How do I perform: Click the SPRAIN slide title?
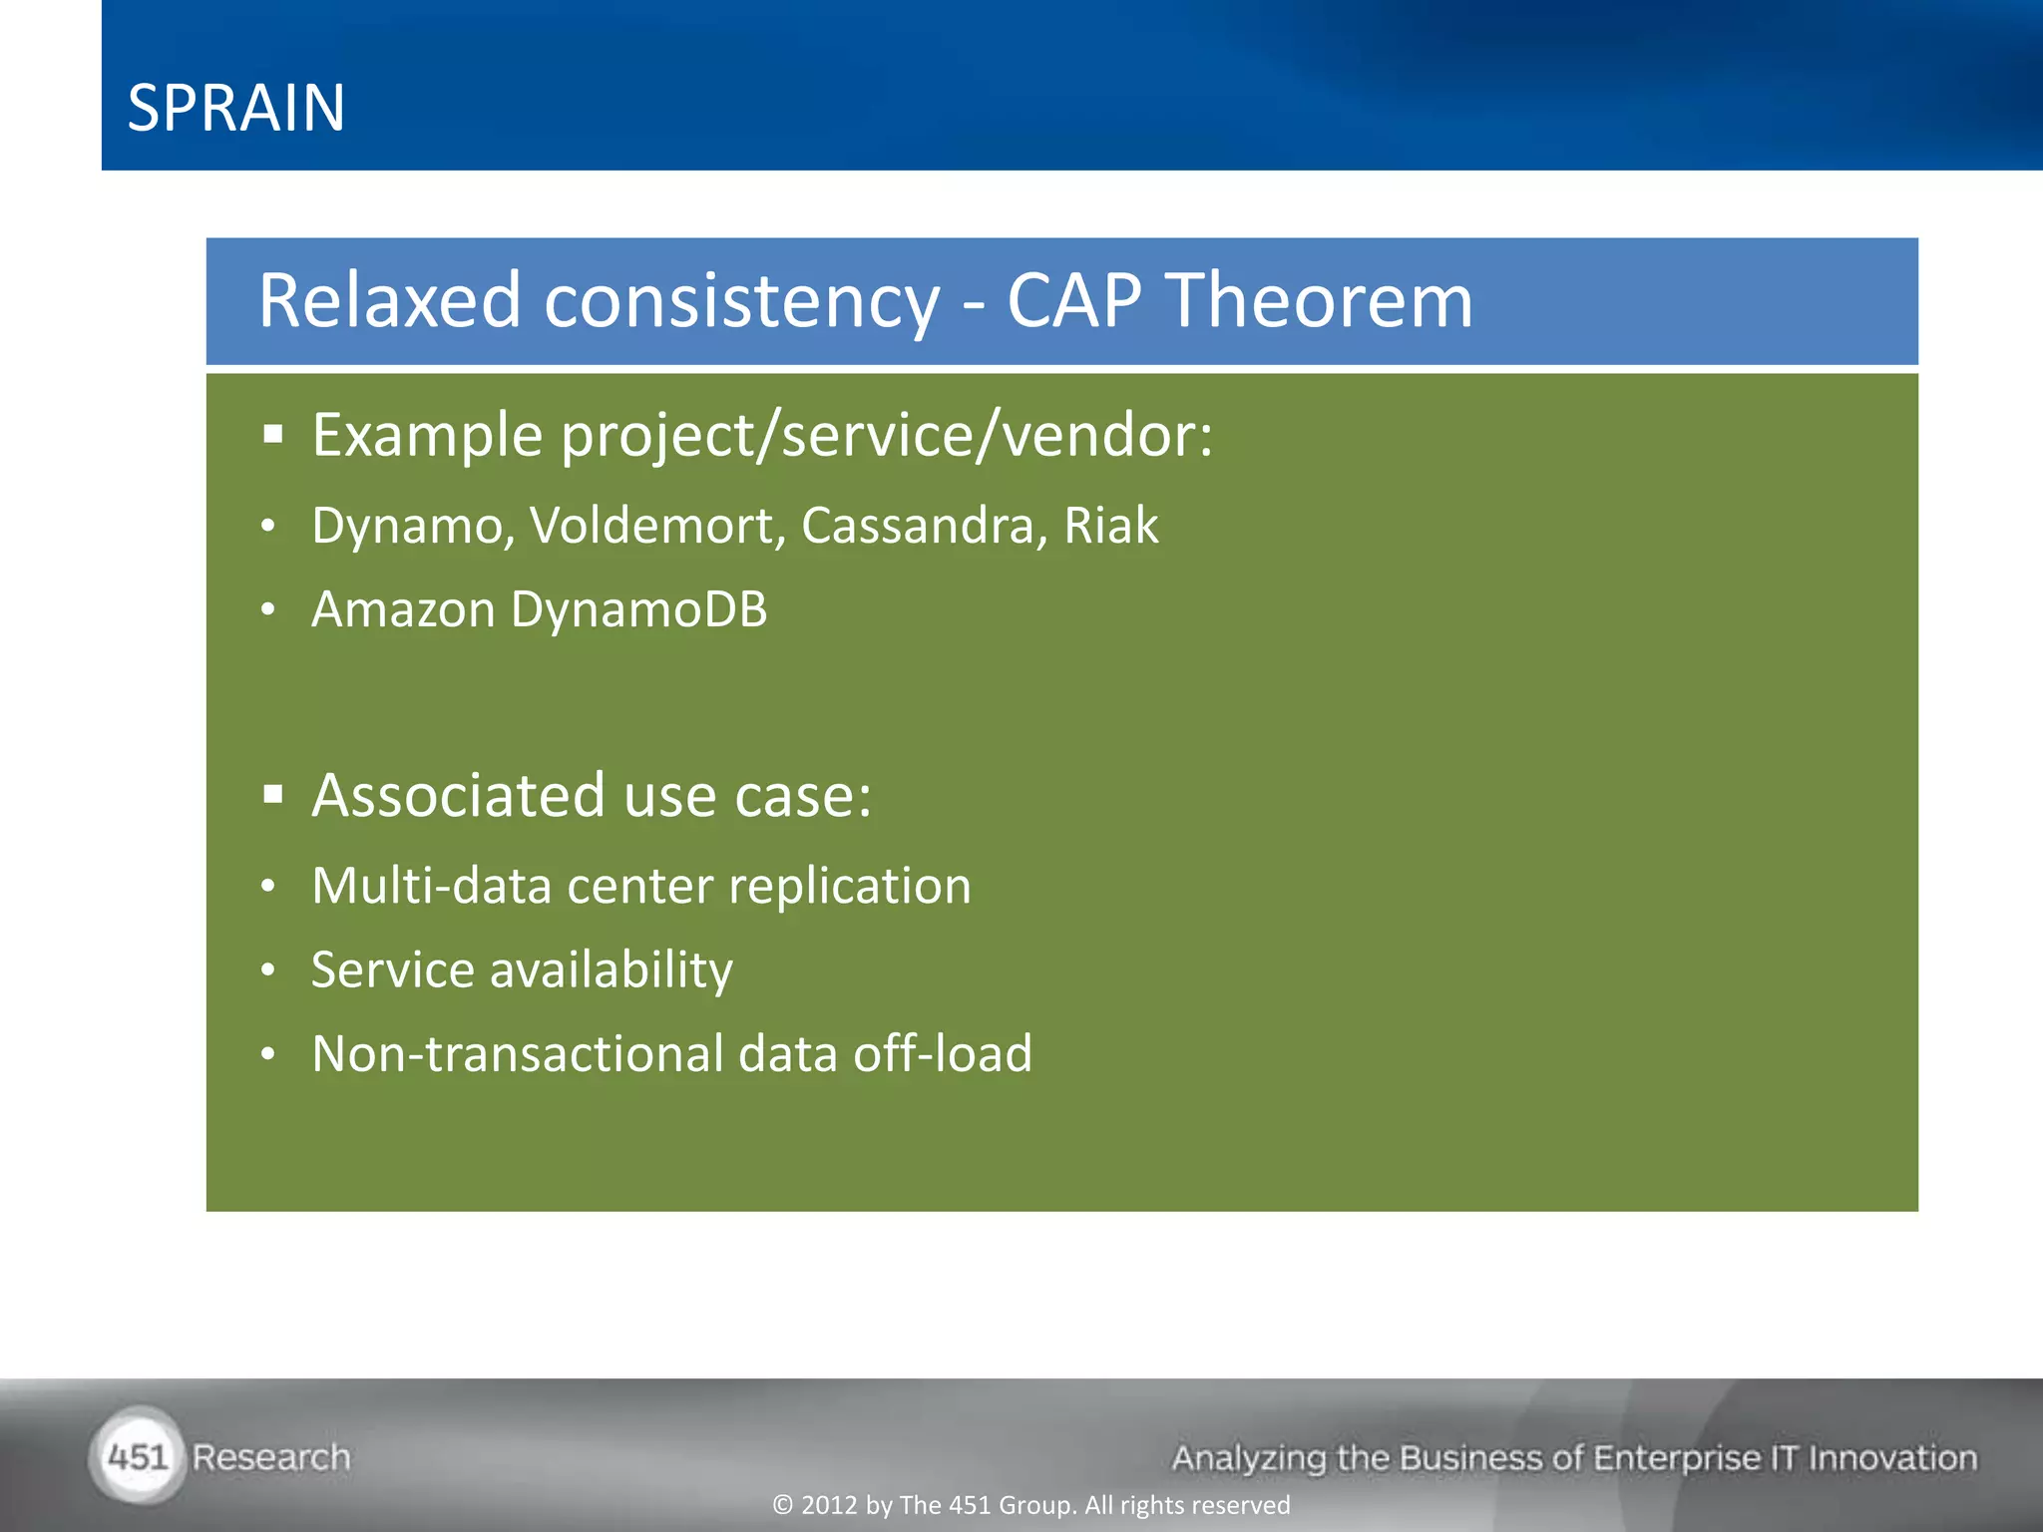(236, 108)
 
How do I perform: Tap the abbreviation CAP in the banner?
(1073, 300)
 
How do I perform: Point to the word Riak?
(1110, 526)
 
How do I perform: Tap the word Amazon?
(403, 609)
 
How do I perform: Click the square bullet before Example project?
(273, 435)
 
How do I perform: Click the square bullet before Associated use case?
(273, 795)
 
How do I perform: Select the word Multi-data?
(431, 886)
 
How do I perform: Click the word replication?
(849, 886)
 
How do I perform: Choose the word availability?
(611, 970)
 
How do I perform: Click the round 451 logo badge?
(138, 1457)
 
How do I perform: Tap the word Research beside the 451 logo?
(271, 1457)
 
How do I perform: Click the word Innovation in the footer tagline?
(1892, 1458)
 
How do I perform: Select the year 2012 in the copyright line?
(829, 1505)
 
